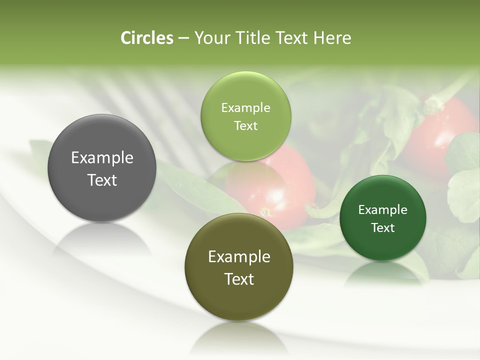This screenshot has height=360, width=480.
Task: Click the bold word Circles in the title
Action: click(x=147, y=38)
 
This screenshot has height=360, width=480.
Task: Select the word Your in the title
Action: click(x=211, y=38)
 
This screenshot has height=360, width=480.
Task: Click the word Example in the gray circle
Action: click(x=102, y=158)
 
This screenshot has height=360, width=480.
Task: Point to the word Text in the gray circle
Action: click(x=102, y=180)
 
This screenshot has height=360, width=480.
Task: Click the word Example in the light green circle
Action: click(x=245, y=108)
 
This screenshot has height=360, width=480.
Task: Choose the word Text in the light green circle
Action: click(x=245, y=126)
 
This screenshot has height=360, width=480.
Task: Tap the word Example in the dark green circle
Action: click(x=382, y=210)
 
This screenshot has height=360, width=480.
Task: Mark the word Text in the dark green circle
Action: click(x=382, y=228)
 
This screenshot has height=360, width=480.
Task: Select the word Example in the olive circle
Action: click(x=239, y=257)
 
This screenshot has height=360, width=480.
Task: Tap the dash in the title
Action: click(x=183, y=38)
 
